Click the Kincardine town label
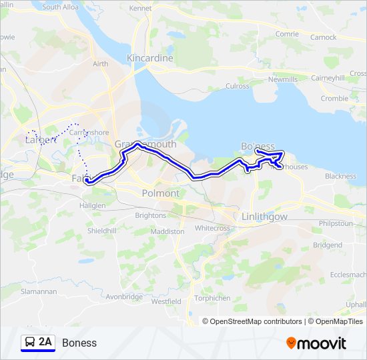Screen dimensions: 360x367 tap(150, 59)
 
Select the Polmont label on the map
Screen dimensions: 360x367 tap(161, 193)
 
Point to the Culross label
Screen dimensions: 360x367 tap(238, 86)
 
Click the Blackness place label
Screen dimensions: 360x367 tap(340, 176)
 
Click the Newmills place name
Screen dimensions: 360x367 tap(282, 79)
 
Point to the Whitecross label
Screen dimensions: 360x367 tap(212, 227)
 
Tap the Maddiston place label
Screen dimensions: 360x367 tap(169, 231)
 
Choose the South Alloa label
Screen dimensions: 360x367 tap(60, 7)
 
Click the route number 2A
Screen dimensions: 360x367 tap(45, 343)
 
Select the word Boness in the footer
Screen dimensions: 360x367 tap(79, 343)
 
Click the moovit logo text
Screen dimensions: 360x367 tap(322, 343)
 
